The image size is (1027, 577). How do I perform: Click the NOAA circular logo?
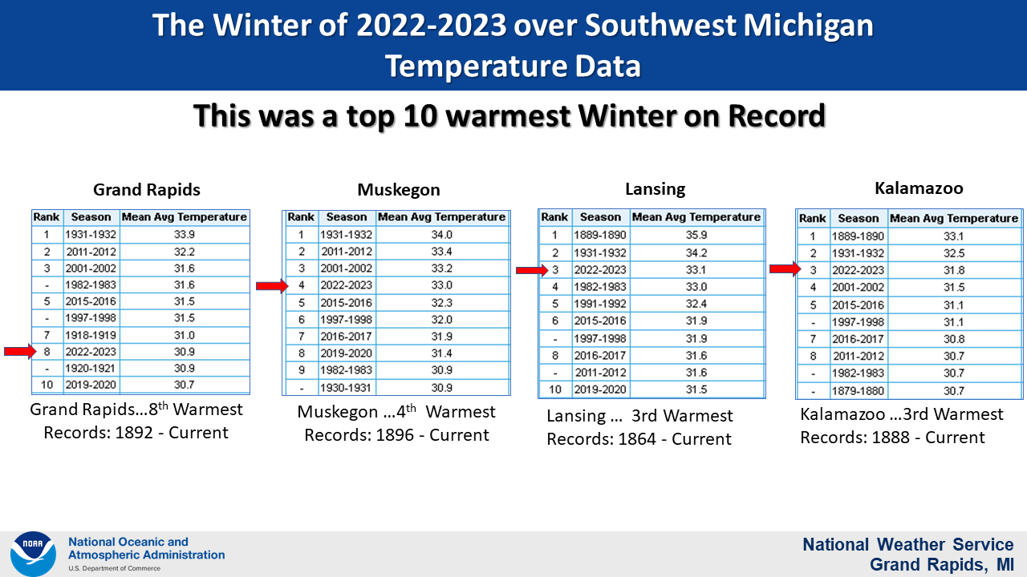click(x=33, y=554)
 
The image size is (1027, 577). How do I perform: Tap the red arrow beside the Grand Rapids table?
click(x=20, y=351)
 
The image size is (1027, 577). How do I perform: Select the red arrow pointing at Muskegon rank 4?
click(x=272, y=286)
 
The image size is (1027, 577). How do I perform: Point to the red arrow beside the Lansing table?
click(x=532, y=270)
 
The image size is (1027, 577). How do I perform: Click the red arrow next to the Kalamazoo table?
click(x=785, y=268)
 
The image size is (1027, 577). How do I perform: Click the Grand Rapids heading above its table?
click(x=147, y=190)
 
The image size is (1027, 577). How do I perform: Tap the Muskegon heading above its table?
click(x=399, y=190)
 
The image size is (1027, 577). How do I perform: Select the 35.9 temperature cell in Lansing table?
click(x=696, y=235)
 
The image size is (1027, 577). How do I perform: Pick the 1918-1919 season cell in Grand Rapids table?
click(x=91, y=335)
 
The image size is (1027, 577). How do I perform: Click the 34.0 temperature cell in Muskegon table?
click(x=441, y=235)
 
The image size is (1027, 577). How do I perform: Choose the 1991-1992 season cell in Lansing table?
click(x=600, y=304)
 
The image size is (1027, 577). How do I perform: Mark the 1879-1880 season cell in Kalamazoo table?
click(x=858, y=390)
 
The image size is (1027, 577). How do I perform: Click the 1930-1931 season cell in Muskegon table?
click(x=346, y=387)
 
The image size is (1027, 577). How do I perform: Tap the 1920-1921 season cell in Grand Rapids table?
click(x=91, y=368)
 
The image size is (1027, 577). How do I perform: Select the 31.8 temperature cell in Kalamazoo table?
click(x=954, y=270)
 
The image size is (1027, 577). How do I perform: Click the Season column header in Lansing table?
click(x=600, y=217)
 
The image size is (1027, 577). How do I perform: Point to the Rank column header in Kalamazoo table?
click(x=813, y=218)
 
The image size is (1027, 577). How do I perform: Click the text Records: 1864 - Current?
click(x=639, y=438)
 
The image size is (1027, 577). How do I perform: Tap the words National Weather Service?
click(x=907, y=544)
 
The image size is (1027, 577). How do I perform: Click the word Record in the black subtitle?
click(x=777, y=115)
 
